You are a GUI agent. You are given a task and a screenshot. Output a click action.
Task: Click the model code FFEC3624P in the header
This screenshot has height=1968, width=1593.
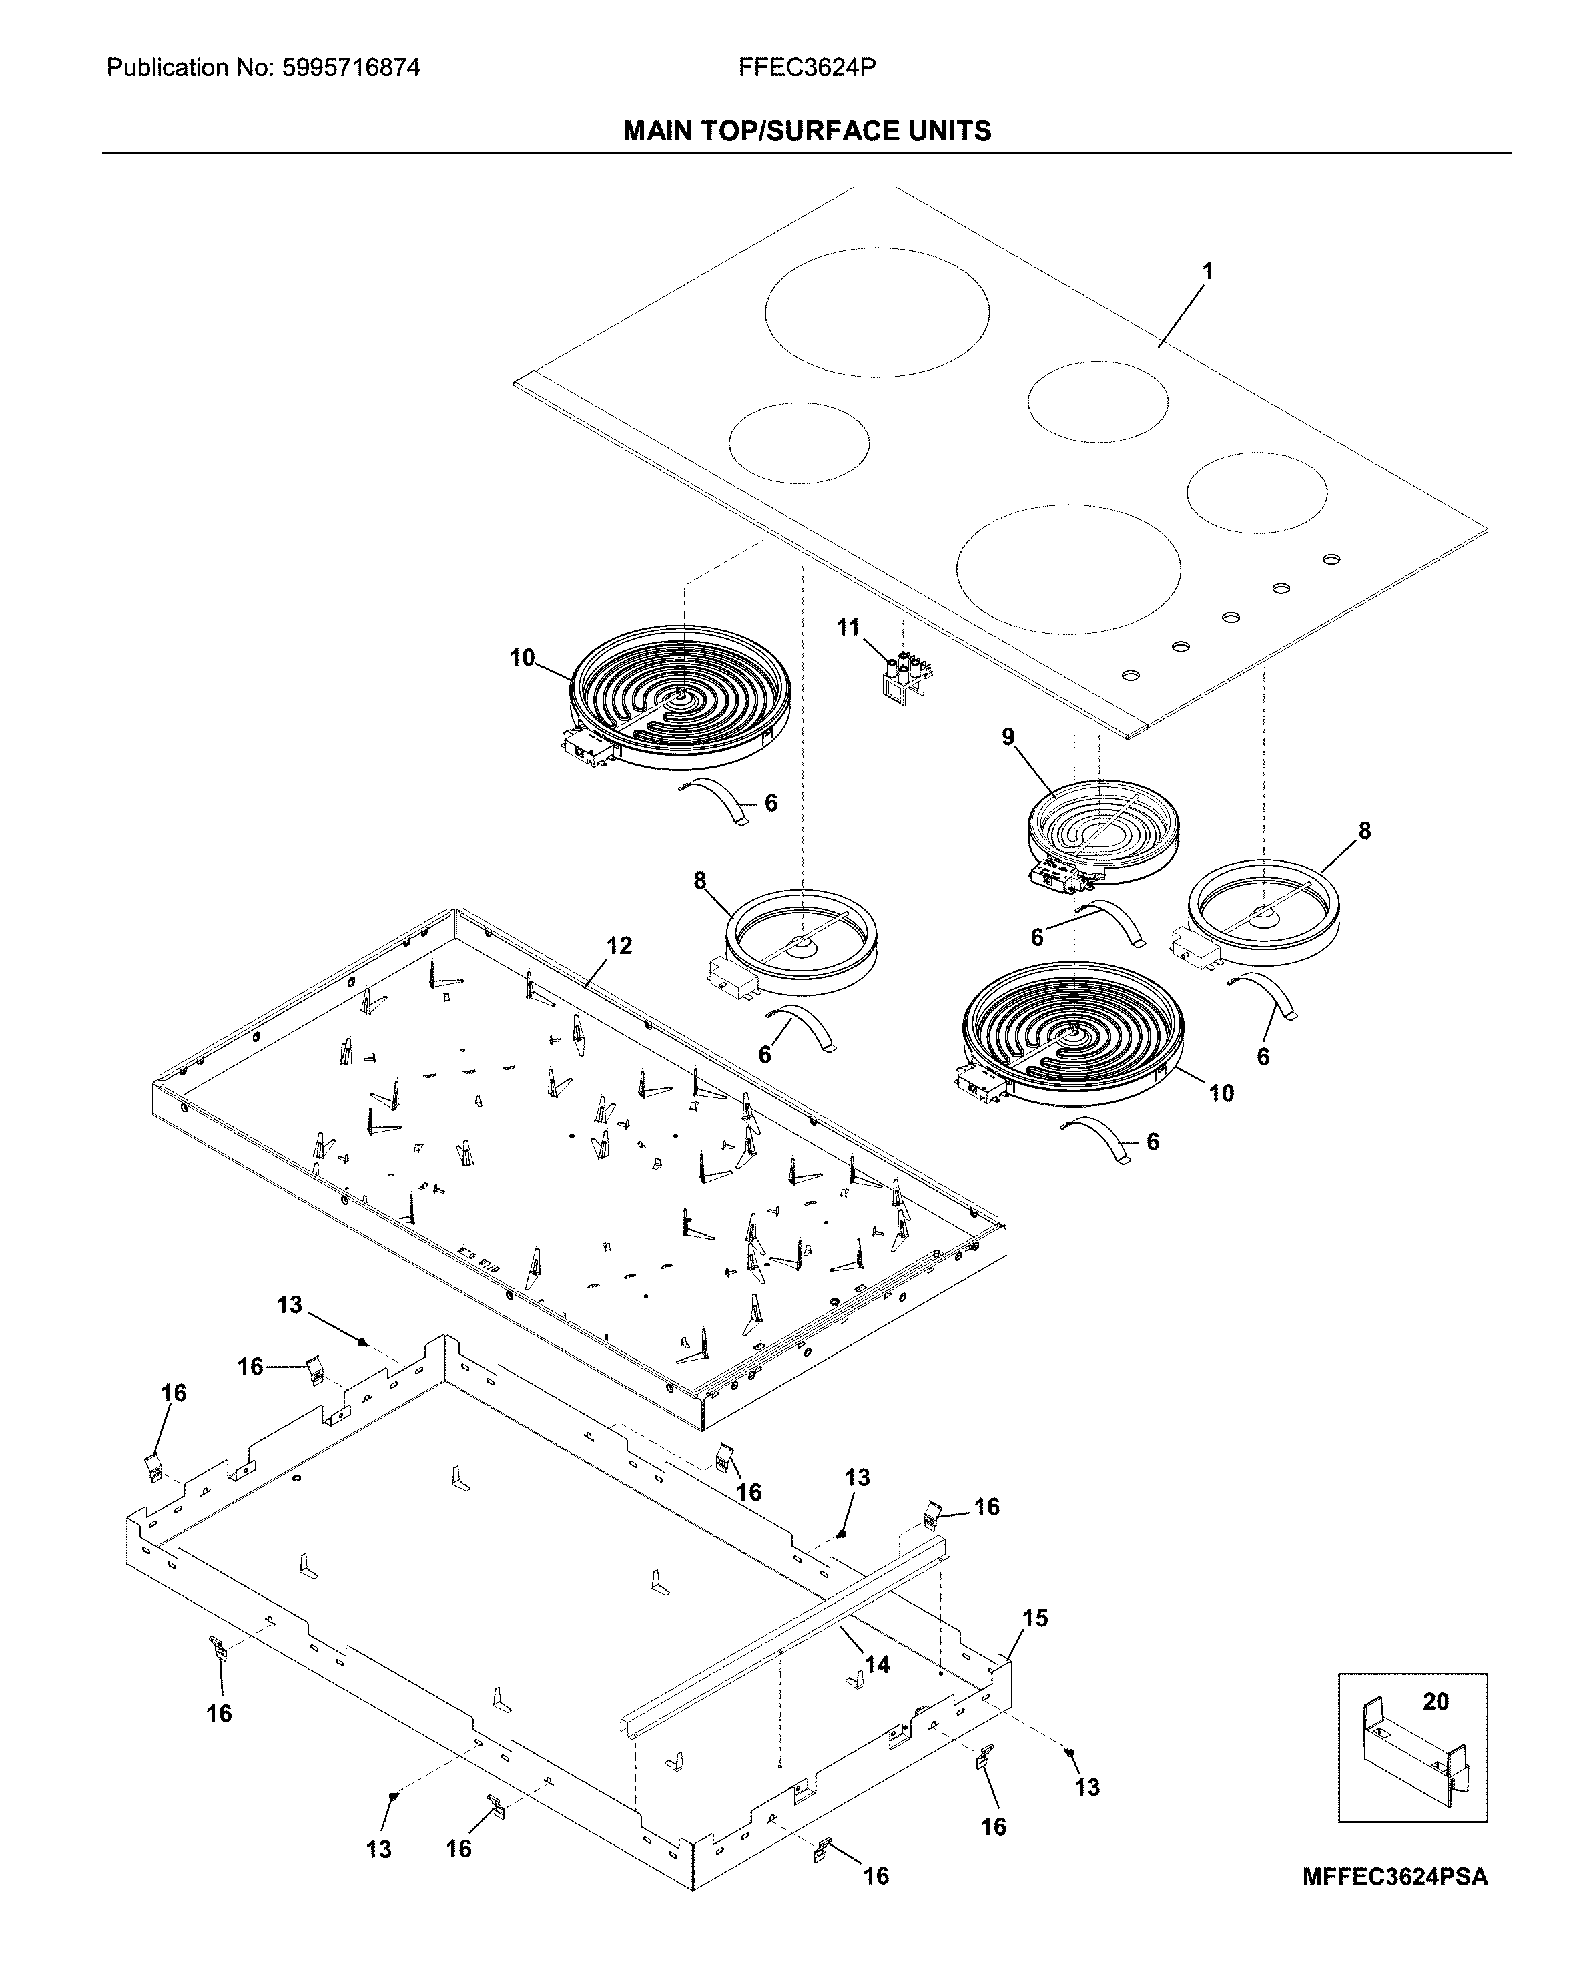coord(807,68)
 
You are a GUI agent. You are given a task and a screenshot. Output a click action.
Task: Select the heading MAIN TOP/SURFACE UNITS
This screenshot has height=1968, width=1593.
coord(807,132)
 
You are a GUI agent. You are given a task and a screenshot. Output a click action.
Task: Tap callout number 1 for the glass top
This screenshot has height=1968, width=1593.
coord(1208,271)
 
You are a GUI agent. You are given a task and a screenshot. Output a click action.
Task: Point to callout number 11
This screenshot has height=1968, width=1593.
coord(848,627)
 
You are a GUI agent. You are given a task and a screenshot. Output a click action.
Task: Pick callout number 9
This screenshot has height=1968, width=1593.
coord(1008,737)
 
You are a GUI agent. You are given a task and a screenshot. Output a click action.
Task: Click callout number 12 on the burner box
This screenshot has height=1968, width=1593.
coord(619,945)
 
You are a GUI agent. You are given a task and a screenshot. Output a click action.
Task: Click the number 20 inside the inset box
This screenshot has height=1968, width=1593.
coord(1435,1701)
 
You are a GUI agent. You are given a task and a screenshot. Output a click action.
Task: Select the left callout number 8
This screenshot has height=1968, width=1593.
coord(700,881)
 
